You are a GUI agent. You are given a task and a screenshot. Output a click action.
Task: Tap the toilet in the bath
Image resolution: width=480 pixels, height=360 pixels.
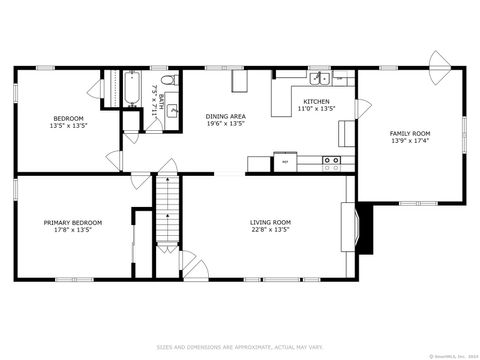click(168, 79)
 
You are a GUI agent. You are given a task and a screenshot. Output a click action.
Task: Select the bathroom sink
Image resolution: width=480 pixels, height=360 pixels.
click(172, 111)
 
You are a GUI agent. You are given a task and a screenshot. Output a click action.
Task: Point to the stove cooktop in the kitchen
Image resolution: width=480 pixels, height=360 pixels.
click(332, 160)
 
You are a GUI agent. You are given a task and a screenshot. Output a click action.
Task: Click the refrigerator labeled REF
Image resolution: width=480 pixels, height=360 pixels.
click(286, 161)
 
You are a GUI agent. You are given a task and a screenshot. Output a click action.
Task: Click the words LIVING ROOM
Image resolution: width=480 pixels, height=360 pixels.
click(270, 221)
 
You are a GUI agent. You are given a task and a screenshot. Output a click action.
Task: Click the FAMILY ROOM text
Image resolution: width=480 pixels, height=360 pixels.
click(410, 133)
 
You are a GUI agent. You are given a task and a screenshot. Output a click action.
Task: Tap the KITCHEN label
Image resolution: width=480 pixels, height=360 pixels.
click(316, 101)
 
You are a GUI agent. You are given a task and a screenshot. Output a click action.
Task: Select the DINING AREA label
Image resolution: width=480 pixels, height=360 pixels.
click(225, 116)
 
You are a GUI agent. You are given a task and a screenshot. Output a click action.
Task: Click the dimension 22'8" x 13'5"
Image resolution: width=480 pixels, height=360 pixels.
click(270, 229)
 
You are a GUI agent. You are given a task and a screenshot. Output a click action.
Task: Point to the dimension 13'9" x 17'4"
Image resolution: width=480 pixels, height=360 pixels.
click(410, 141)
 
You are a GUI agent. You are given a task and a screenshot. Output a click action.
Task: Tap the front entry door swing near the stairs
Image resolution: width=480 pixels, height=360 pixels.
click(191, 265)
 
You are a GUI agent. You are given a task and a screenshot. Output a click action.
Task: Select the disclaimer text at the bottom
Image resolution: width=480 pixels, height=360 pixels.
click(240, 347)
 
